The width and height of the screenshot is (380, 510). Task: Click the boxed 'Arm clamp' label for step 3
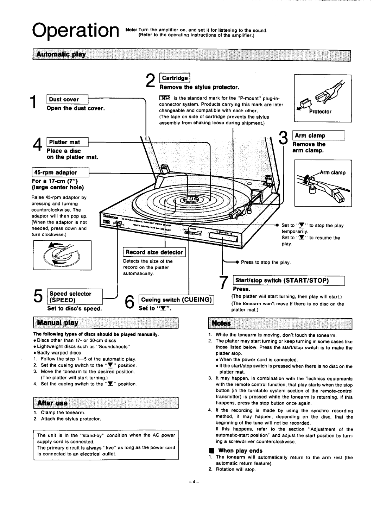319,136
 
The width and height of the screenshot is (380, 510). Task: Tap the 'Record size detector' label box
154,252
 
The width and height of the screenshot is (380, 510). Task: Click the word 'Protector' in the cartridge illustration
320,112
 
